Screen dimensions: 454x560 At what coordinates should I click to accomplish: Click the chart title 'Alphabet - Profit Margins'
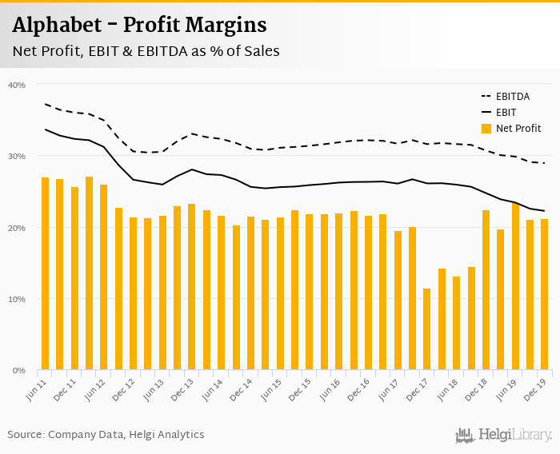click(x=140, y=25)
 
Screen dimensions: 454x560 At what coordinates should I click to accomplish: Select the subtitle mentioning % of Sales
click(x=146, y=52)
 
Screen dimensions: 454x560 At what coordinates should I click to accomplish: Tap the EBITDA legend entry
click(x=511, y=96)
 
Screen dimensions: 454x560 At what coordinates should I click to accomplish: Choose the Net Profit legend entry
click(x=511, y=128)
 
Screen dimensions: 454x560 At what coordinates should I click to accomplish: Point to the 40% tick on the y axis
click(x=16, y=85)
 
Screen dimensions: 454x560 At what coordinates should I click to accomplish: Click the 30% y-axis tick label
click(x=16, y=156)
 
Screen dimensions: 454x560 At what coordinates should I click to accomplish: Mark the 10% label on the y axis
click(x=16, y=299)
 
